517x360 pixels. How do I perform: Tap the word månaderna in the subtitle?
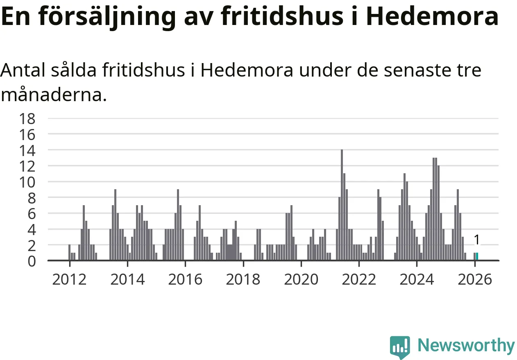(x=53, y=95)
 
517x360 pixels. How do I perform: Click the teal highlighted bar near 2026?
(x=477, y=256)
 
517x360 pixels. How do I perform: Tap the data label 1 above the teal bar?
(x=476, y=240)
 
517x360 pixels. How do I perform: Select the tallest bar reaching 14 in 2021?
(x=342, y=205)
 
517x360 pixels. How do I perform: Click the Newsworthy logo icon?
(x=399, y=347)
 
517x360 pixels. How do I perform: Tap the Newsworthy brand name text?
(x=466, y=346)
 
